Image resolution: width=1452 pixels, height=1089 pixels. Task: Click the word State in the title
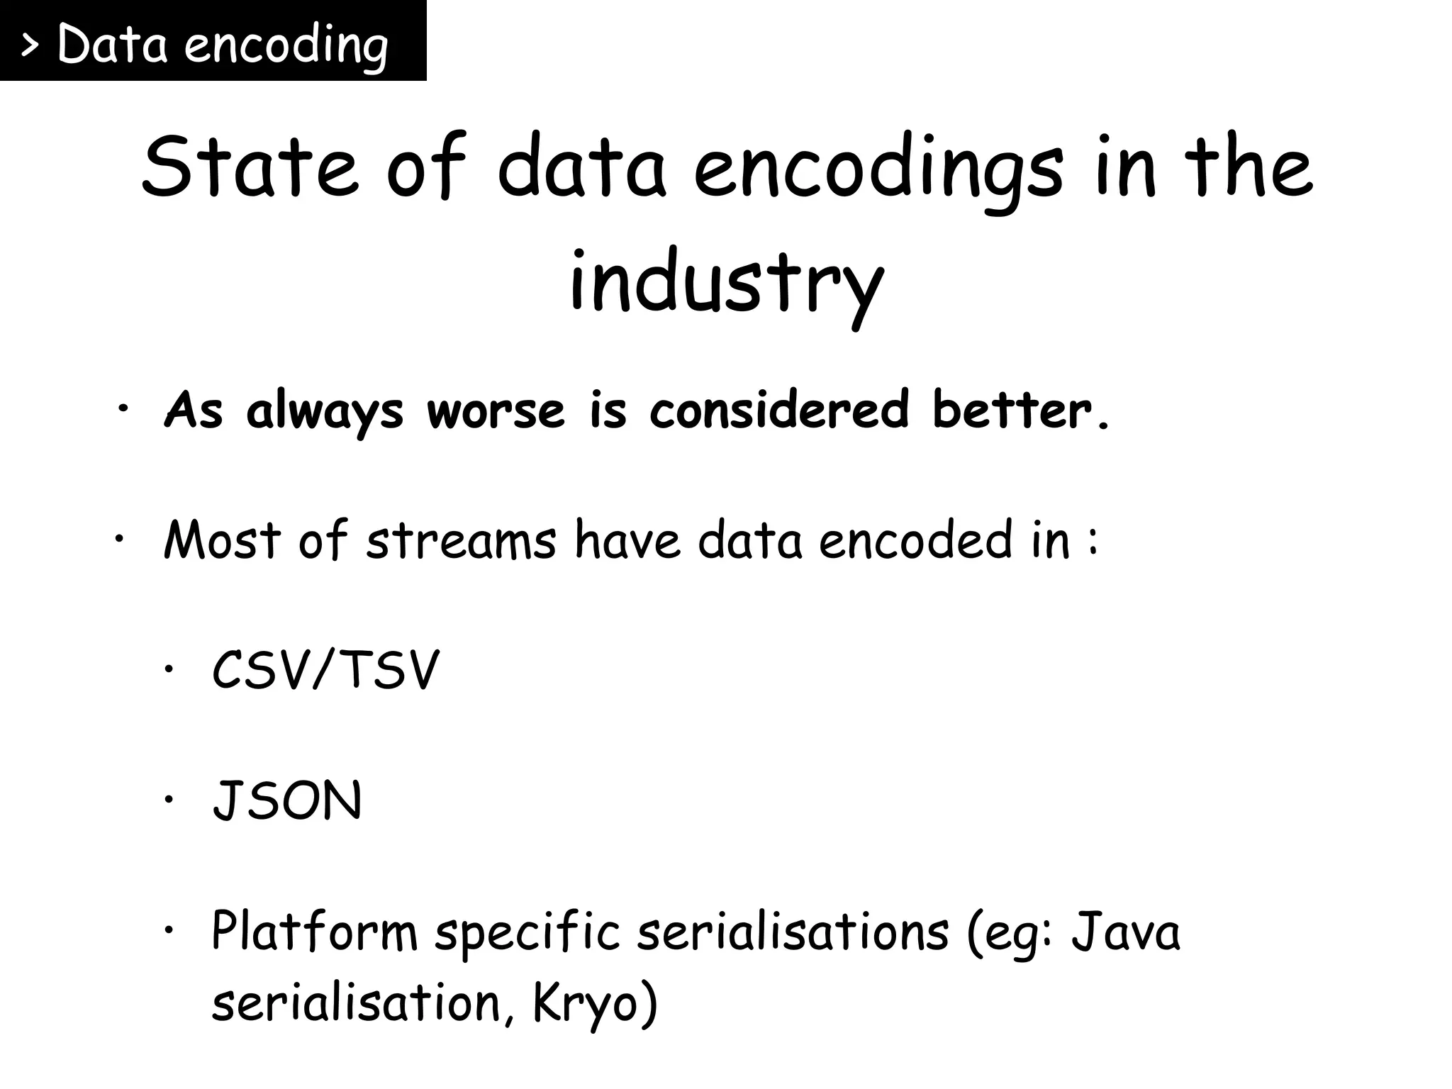[x=248, y=167]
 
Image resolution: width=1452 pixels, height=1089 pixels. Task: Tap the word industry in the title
[x=726, y=284]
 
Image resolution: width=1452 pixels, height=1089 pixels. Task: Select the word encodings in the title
[x=878, y=170]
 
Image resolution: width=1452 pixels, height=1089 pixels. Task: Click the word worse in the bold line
[x=496, y=411]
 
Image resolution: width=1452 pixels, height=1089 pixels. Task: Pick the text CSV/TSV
[x=325, y=670]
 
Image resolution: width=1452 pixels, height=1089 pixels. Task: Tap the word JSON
[x=287, y=801]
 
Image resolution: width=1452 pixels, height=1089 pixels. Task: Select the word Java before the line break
[x=1126, y=931]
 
